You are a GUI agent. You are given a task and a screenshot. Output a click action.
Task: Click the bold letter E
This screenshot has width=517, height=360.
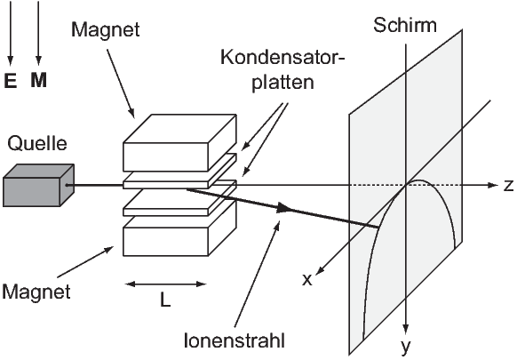point(11,80)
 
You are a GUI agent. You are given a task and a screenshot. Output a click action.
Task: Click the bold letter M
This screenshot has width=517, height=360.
point(38,80)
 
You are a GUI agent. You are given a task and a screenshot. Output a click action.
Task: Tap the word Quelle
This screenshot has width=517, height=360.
point(37,143)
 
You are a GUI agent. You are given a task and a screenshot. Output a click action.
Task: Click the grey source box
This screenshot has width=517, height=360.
point(38,185)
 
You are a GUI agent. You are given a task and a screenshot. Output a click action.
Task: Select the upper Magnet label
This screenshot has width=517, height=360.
point(106,29)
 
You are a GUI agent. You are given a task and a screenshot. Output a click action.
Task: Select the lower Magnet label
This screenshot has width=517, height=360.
point(36,292)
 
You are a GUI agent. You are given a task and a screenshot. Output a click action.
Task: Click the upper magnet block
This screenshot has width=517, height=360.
point(179,143)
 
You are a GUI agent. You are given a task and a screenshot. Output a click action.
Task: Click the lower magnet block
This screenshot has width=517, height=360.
point(179,231)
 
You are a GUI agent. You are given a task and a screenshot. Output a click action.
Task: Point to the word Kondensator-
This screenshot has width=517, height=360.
point(282,58)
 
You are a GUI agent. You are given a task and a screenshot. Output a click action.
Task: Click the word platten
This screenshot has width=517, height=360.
point(282,82)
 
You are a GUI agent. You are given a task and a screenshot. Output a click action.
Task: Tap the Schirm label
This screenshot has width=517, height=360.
point(405,25)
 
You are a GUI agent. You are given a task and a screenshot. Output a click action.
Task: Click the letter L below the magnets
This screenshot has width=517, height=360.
point(165,300)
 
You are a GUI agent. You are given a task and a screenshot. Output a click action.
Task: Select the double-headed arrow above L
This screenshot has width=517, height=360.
point(165,284)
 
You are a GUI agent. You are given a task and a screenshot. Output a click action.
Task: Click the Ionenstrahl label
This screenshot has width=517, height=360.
point(235,340)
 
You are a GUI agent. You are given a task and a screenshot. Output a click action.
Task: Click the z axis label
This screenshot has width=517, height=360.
point(509,186)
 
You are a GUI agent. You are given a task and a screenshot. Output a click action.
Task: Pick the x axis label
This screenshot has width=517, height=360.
point(307,280)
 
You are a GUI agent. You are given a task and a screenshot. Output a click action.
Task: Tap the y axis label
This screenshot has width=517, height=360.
point(406,347)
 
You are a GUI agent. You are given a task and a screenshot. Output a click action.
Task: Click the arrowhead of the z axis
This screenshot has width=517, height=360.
point(493,185)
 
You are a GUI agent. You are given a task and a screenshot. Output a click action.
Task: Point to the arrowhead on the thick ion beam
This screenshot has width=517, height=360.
point(283,208)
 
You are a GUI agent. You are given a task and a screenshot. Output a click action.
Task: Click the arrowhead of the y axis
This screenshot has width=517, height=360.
point(406,329)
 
